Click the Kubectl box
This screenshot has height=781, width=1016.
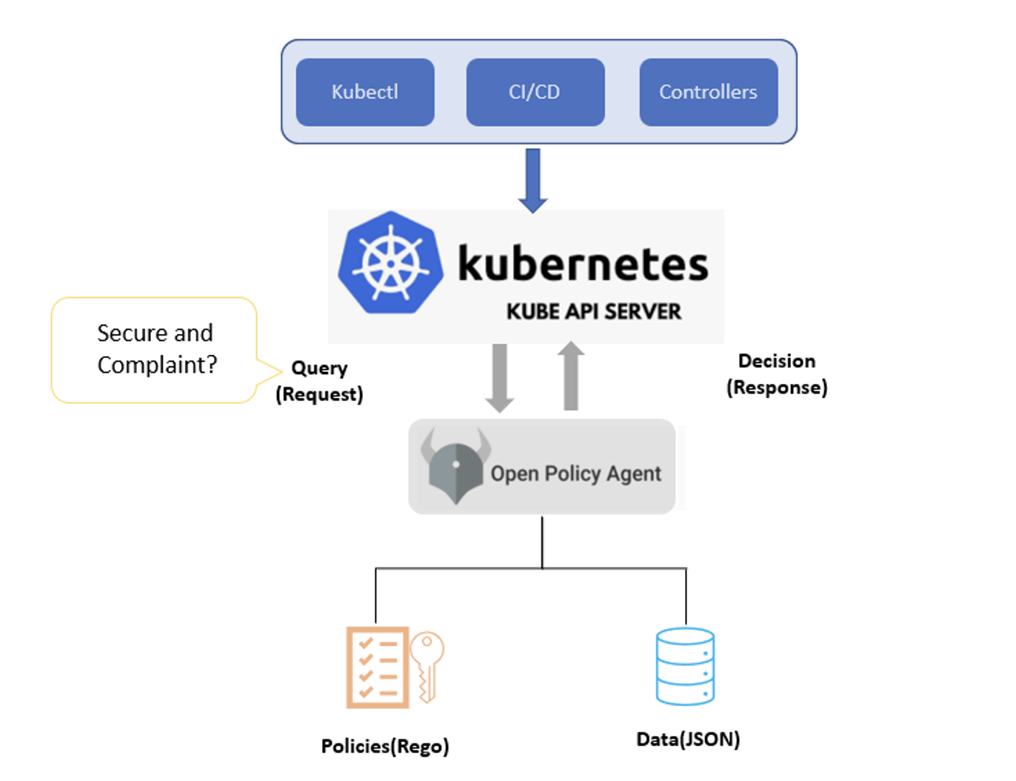point(365,93)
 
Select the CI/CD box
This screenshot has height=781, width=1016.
point(535,93)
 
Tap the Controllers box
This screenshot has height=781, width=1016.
point(708,93)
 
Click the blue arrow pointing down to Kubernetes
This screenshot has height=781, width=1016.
point(533,180)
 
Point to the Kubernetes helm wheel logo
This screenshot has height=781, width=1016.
point(390,263)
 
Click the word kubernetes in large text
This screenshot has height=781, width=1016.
point(583,264)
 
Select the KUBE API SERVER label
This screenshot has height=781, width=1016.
point(593,312)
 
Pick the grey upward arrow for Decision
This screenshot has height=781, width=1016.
point(570,376)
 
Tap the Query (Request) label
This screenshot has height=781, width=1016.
point(319,381)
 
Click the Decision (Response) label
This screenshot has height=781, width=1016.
point(777,374)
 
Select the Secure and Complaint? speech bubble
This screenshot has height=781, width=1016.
point(155,350)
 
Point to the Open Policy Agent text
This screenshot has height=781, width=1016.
point(575,473)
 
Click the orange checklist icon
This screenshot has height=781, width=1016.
point(378,668)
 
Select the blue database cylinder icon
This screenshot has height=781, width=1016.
point(685,666)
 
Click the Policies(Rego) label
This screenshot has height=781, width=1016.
point(385,746)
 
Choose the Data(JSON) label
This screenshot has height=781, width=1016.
point(688,740)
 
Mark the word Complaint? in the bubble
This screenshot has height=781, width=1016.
point(157,365)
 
